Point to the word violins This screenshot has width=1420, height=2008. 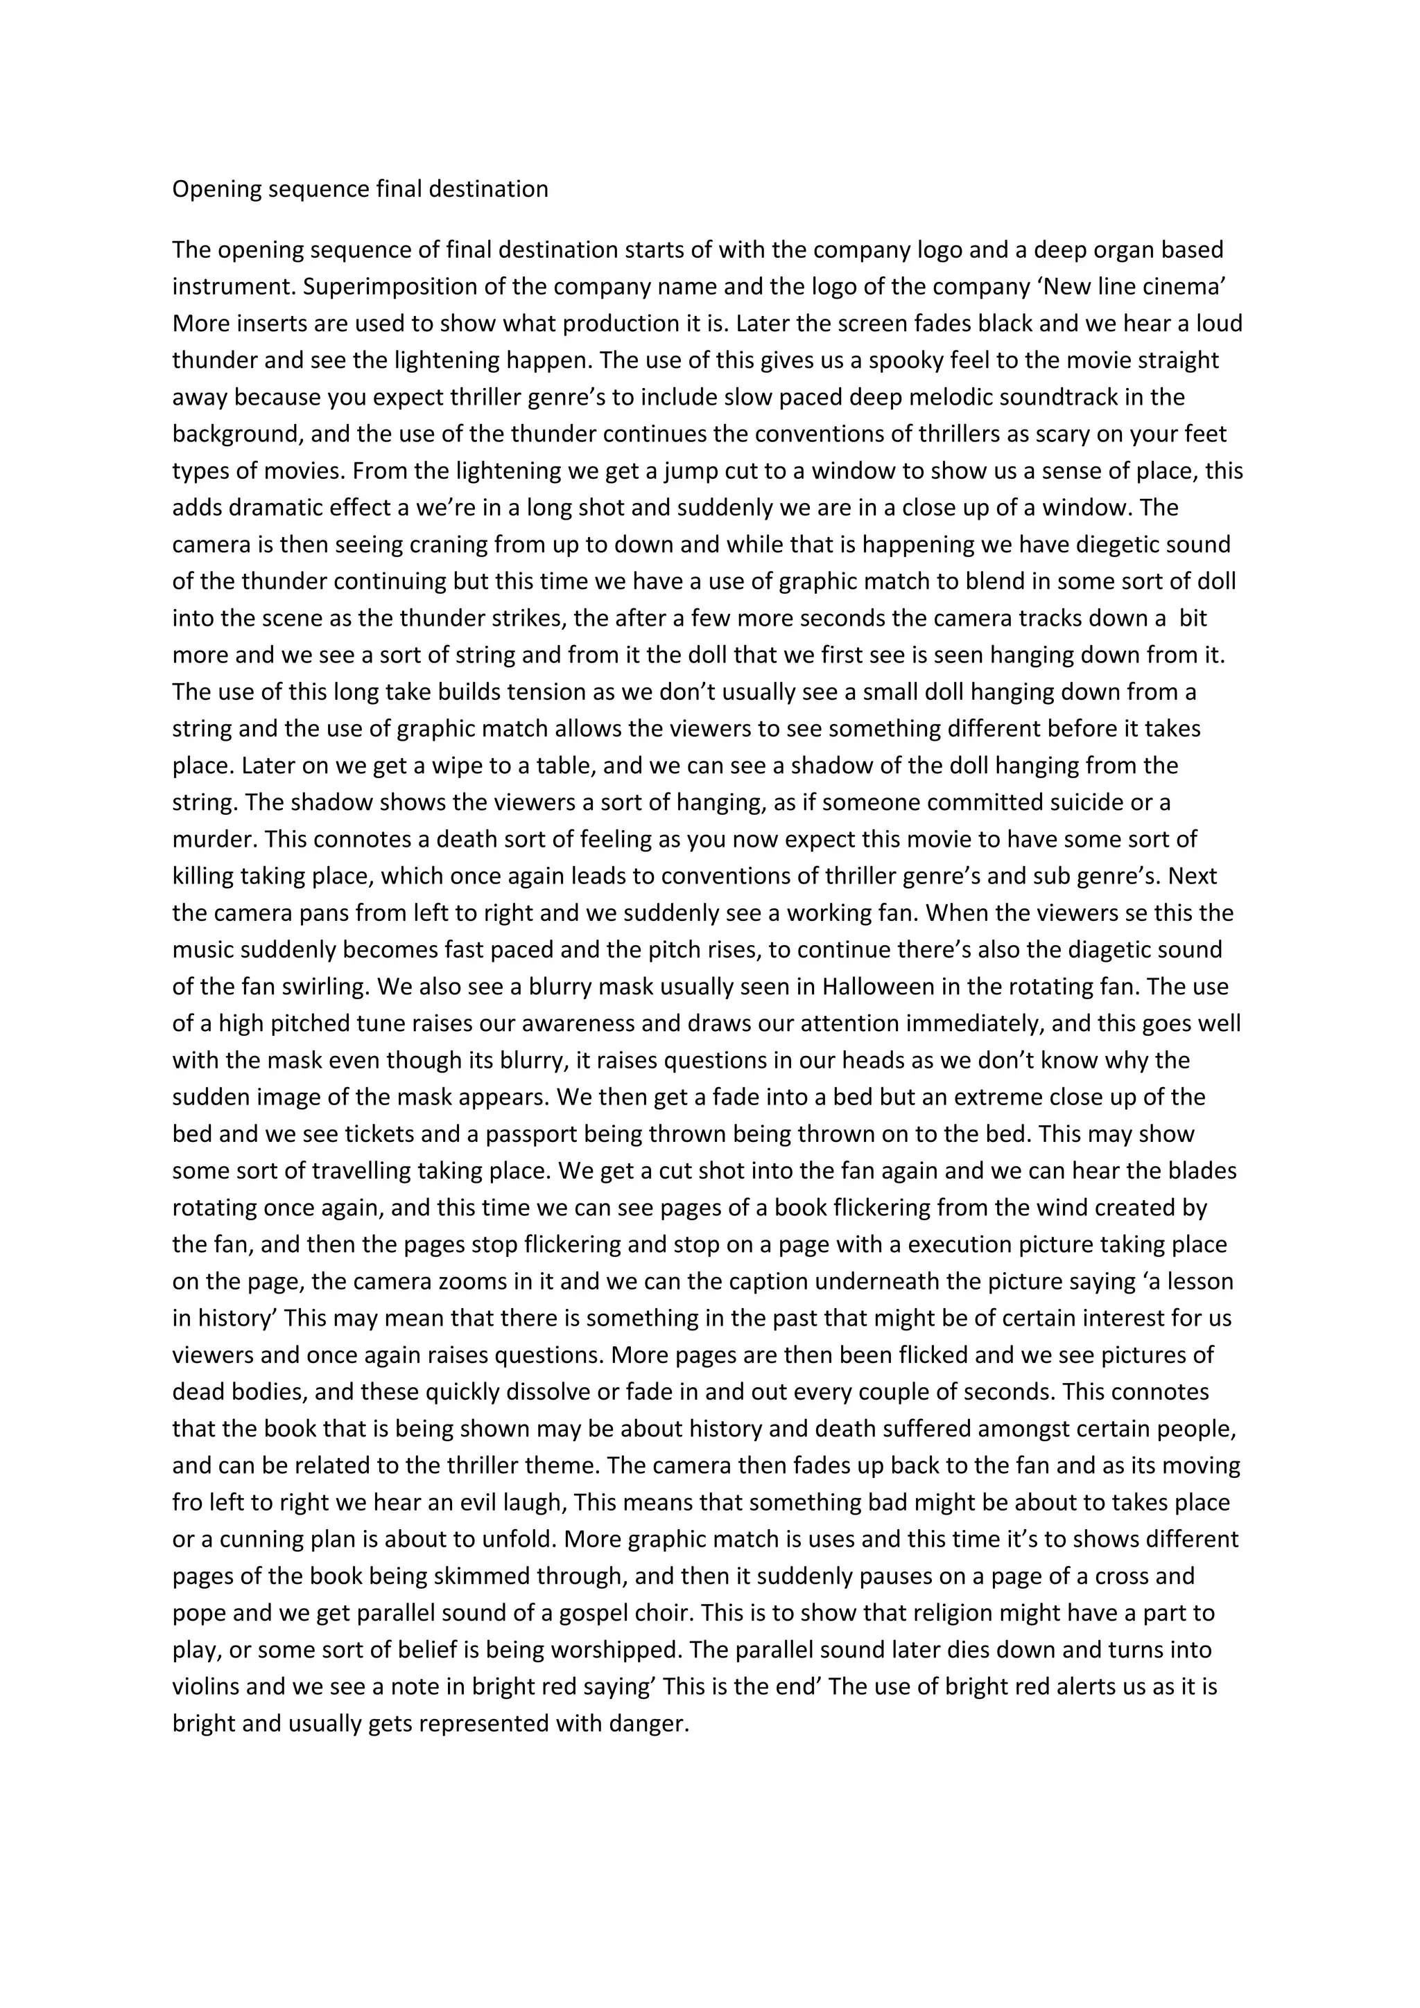click(x=209, y=1687)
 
